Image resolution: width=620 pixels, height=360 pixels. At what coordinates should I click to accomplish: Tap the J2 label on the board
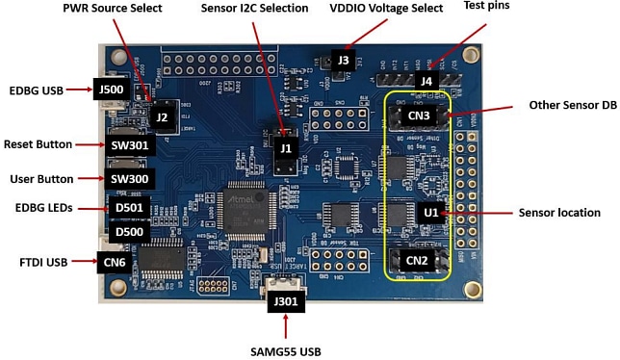click(162, 118)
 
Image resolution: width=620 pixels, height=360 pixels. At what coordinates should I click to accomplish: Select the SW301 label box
click(128, 144)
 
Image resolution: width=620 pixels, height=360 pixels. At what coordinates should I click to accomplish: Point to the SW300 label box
click(128, 179)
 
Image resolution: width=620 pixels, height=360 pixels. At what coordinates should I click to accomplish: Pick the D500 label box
click(128, 232)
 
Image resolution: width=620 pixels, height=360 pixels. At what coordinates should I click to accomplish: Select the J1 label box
click(285, 149)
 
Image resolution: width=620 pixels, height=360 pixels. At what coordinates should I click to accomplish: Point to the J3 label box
click(344, 61)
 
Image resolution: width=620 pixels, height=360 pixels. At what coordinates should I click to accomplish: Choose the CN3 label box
click(417, 117)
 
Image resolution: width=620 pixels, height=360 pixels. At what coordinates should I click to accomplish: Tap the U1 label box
click(430, 212)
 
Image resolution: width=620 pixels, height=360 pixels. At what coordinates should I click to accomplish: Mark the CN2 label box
click(416, 261)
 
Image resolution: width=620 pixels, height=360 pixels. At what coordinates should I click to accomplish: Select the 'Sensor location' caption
click(558, 212)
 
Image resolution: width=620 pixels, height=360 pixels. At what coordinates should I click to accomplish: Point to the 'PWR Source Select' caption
click(113, 9)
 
